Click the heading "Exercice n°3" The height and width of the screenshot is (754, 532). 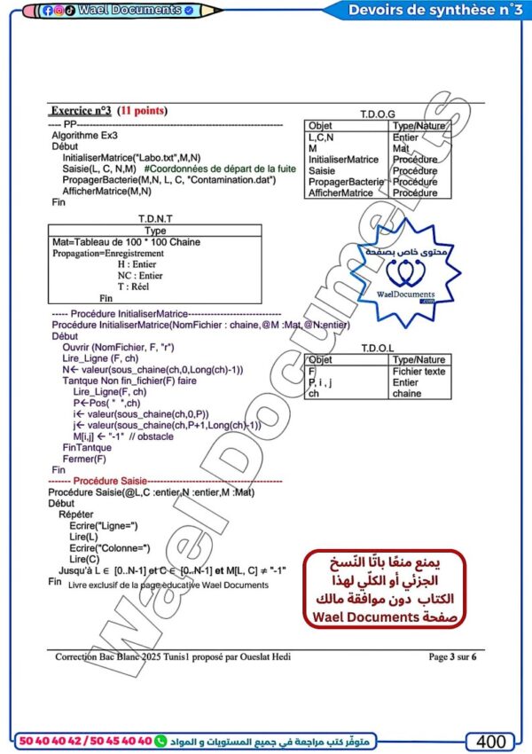[x=81, y=111]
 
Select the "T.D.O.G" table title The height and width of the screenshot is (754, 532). [x=378, y=115]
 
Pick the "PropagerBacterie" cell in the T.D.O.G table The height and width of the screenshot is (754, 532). [x=347, y=182]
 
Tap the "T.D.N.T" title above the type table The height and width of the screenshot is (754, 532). [x=156, y=218]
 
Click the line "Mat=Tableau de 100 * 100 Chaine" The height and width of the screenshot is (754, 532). [x=126, y=242]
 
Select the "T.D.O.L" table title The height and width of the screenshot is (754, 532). [x=379, y=349]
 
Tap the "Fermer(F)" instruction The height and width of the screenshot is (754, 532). [x=85, y=459]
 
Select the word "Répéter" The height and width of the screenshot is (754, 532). [x=75, y=514]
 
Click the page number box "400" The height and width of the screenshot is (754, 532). [x=491, y=741]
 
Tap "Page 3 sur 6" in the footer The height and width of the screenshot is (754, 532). [x=452, y=657]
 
